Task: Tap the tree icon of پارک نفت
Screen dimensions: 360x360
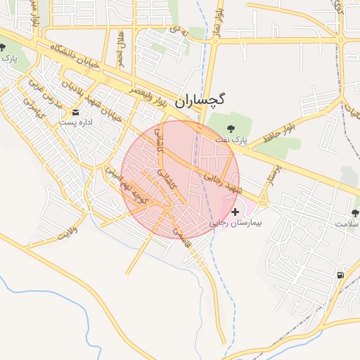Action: pyautogui.click(x=233, y=127)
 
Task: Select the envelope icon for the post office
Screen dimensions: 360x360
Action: pyautogui.click(x=76, y=112)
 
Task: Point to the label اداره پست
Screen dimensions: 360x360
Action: pyautogui.click(x=76, y=122)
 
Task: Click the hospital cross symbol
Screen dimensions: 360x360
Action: pyautogui.click(x=234, y=211)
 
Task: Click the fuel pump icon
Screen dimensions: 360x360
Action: pyautogui.click(x=340, y=275)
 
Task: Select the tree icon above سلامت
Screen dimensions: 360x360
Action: pyautogui.click(x=355, y=212)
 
